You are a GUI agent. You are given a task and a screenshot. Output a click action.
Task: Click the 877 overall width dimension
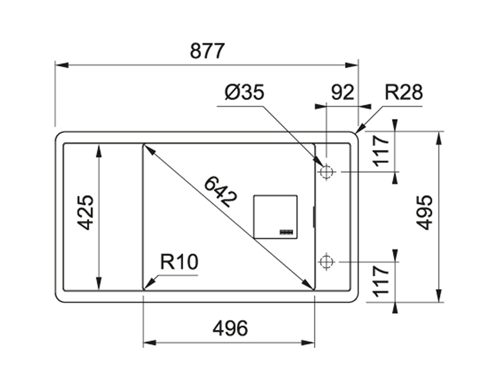pos(207,51)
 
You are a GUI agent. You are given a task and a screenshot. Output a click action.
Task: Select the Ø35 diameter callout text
pos(244,93)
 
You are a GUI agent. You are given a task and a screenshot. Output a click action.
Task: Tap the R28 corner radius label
pos(403,93)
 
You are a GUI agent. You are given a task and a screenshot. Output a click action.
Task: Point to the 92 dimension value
pos(342,93)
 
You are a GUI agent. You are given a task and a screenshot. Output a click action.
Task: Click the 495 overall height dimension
pos(425,212)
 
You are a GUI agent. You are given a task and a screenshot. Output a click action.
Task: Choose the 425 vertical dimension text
pos(85,212)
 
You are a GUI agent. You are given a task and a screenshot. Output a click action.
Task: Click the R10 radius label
pos(179,262)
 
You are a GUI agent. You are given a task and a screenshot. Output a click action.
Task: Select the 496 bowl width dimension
pos(230,328)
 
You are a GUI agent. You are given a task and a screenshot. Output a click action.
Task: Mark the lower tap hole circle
pos(326,262)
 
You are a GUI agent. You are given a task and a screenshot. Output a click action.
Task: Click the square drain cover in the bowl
pos(275,217)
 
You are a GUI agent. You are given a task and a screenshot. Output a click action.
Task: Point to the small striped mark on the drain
pos(287,232)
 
